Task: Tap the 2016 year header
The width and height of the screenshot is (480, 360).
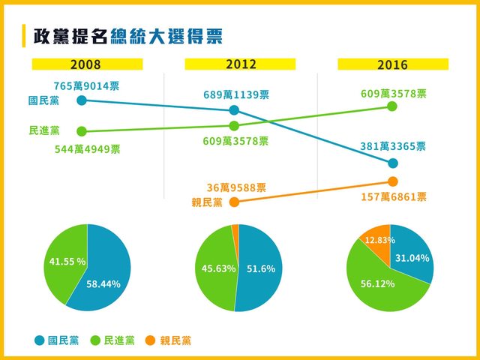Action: coord(392,64)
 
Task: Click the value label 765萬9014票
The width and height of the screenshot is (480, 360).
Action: coord(86,86)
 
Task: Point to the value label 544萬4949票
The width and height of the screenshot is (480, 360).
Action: coord(88,148)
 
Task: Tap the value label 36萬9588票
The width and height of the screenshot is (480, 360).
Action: coord(236,188)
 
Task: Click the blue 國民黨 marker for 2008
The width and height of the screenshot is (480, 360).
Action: coord(82,99)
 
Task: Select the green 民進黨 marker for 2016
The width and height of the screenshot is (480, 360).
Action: coord(392,106)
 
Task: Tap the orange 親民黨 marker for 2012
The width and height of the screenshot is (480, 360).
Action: coord(234,202)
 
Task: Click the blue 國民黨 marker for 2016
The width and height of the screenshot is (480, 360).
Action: coord(392,163)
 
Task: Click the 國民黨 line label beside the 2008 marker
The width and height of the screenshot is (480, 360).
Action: coord(43,100)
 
